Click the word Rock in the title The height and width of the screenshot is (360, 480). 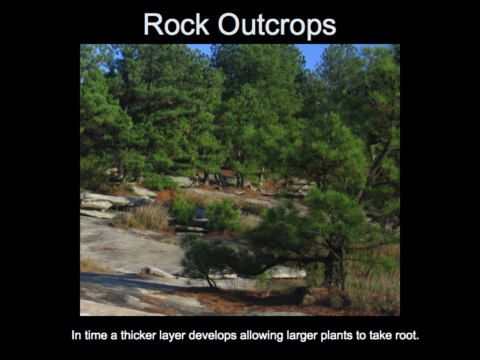click(176, 24)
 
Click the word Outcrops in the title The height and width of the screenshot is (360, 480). click(277, 26)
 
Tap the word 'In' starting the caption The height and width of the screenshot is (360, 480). click(76, 335)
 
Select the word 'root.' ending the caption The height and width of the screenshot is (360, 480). click(407, 335)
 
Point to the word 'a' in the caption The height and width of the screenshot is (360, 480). click(114, 336)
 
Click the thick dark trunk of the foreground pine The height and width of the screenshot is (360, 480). click(334, 269)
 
